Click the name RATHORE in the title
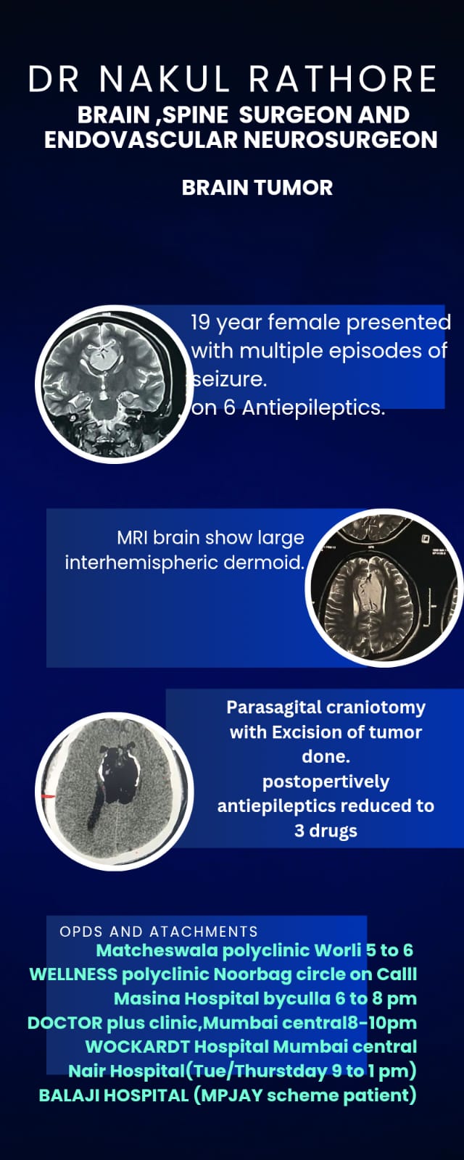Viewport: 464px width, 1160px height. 343,79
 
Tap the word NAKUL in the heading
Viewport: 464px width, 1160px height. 164,79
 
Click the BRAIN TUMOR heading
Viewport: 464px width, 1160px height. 257,188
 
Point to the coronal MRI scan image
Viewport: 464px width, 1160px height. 115,384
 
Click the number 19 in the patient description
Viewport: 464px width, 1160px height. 200,322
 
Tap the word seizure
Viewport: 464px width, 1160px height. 230,380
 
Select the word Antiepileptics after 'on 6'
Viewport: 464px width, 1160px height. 313,408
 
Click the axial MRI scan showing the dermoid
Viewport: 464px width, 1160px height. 384,587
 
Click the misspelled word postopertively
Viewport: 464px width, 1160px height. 326,782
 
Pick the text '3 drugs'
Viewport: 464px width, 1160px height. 326,831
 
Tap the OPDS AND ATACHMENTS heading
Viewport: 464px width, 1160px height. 159,932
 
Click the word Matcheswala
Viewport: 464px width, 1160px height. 157,950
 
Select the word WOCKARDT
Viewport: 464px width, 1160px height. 137,1047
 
